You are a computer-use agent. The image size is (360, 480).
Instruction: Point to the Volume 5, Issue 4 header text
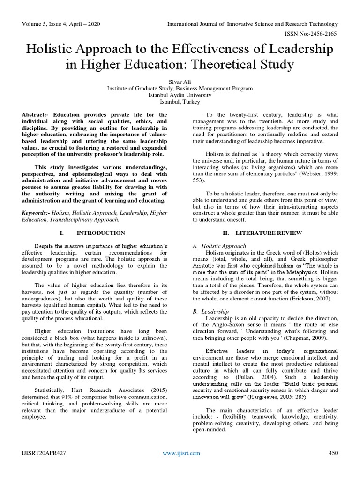[x=61, y=23]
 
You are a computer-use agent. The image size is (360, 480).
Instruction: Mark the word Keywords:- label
[x=39, y=212]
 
